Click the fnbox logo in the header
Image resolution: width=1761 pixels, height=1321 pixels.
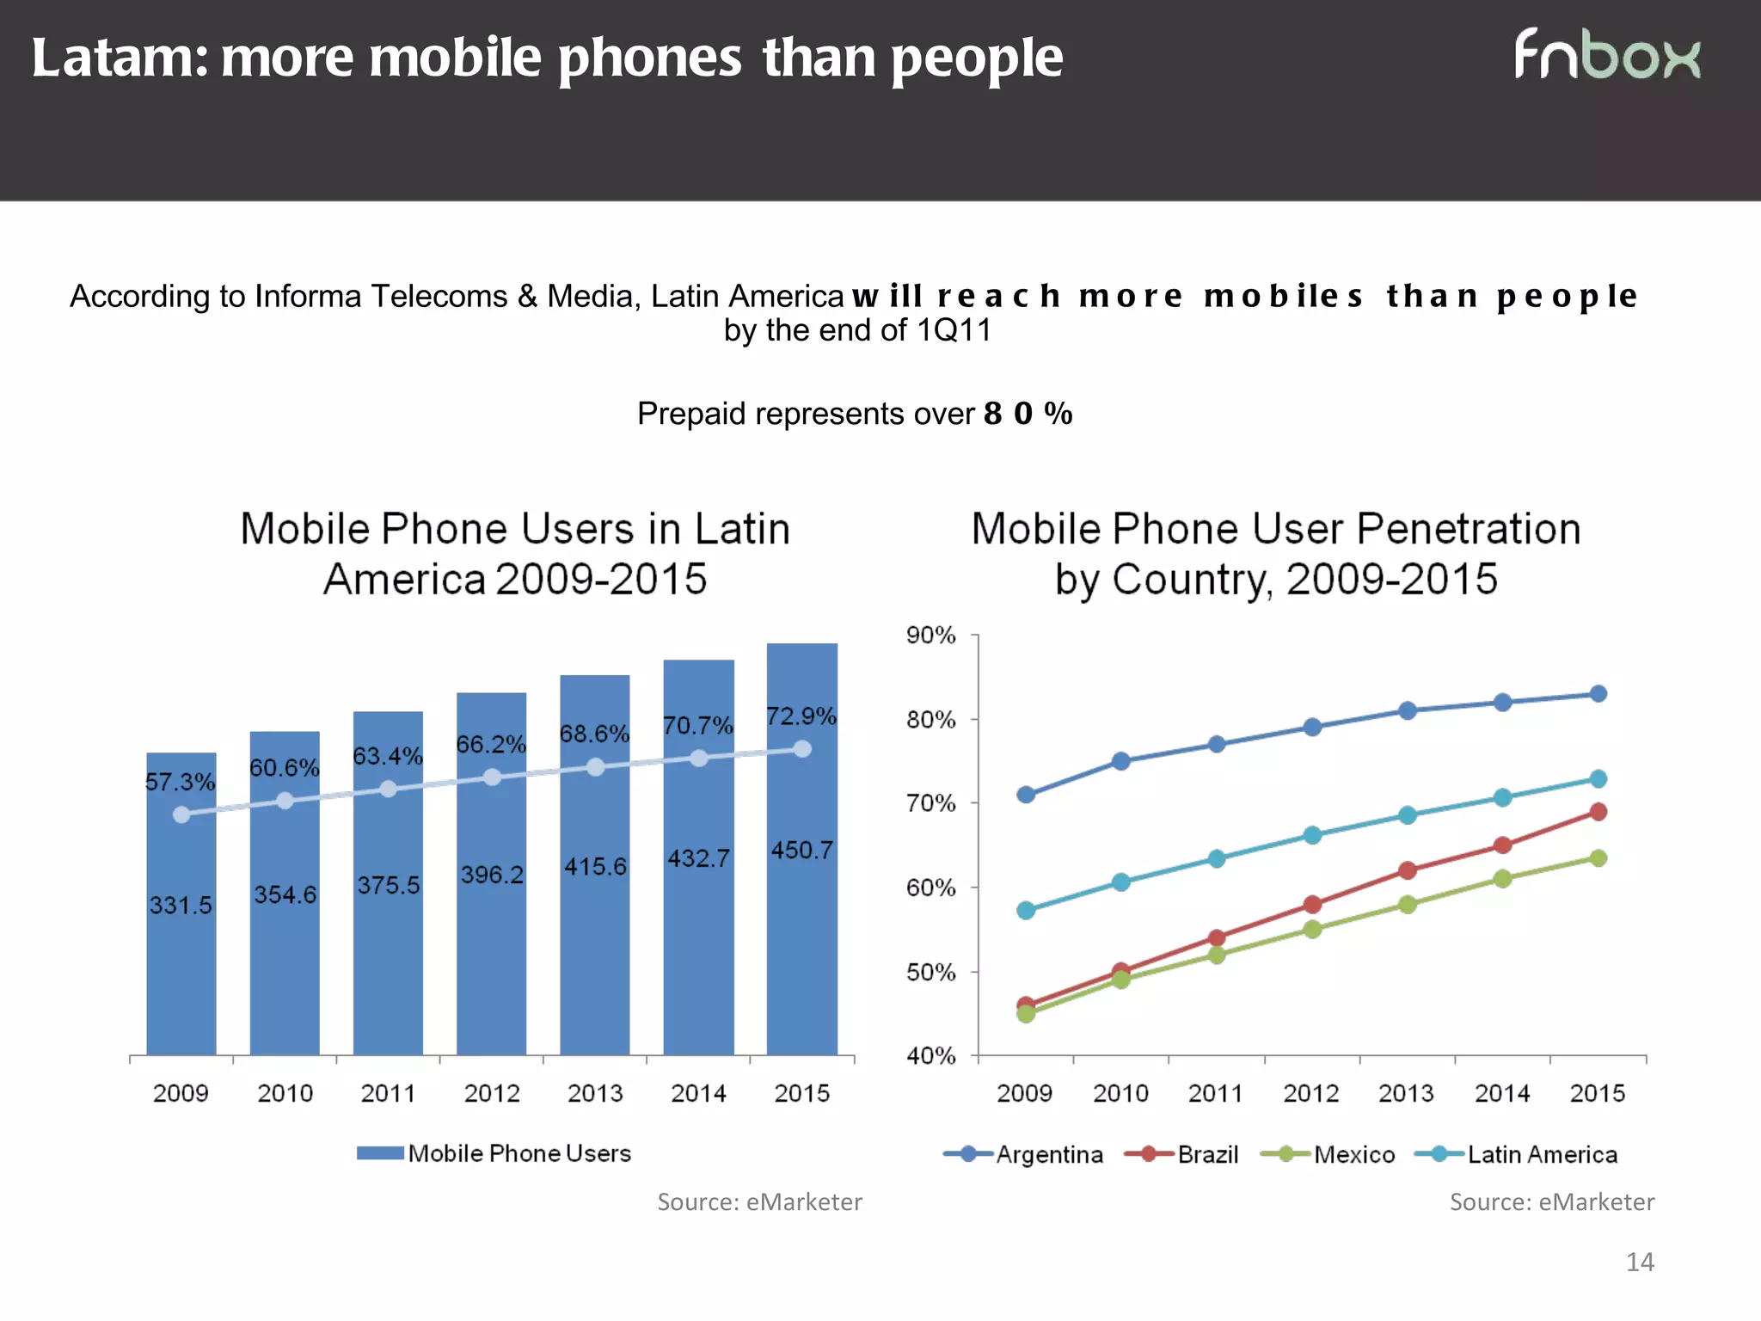coord(1606,55)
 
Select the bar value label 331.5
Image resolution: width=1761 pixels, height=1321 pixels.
coord(181,905)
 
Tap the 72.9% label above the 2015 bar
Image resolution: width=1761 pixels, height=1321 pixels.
coord(801,716)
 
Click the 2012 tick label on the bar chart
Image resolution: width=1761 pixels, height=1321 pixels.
coord(492,1093)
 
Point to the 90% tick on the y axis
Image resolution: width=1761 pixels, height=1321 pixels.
coord(930,636)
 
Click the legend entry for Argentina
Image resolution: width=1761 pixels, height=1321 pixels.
coord(1023,1154)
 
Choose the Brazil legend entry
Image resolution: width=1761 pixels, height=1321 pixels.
coord(1182,1154)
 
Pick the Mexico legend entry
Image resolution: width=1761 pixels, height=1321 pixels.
coord(1328,1154)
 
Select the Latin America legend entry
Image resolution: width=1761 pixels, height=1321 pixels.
coord(1516,1154)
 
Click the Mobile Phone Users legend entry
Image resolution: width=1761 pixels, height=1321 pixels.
coord(494,1153)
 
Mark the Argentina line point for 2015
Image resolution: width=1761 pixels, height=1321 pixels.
coord(1598,694)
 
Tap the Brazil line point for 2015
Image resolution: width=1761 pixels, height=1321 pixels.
coord(1598,812)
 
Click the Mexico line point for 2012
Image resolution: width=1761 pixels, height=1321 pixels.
coord(1312,930)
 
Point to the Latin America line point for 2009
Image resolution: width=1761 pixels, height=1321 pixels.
coord(1026,910)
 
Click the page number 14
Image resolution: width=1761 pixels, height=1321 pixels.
coord(1640,1262)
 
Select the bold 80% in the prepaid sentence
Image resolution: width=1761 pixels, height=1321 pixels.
coord(1028,414)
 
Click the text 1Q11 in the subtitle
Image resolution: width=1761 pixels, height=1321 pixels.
coord(954,330)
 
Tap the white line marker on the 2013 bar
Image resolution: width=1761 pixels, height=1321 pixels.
coord(595,767)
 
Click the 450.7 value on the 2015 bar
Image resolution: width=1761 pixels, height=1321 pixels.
coord(801,851)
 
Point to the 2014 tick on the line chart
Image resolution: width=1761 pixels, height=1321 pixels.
coord(1502,1093)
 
